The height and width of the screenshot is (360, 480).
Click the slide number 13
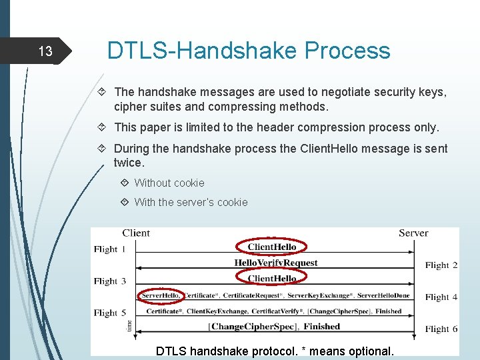click(45, 51)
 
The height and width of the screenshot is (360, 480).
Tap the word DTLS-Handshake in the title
click(203, 51)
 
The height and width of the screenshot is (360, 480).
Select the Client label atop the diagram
click(136, 233)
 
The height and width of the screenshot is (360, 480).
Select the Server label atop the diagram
click(413, 233)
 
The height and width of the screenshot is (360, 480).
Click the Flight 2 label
click(441, 265)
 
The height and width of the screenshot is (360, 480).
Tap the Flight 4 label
click(441, 297)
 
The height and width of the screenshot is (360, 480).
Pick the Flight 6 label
click(441, 329)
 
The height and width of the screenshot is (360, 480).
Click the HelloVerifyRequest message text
click(276, 263)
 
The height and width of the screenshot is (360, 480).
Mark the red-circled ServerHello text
click(160, 295)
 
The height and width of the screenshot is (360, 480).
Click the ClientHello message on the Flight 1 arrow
click(272, 247)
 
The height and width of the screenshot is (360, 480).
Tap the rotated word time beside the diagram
click(129, 325)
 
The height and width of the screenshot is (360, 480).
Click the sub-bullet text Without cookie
click(169, 183)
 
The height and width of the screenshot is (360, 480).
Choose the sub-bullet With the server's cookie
click(191, 202)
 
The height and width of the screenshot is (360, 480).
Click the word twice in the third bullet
click(129, 163)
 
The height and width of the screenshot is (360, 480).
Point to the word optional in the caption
click(371, 351)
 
